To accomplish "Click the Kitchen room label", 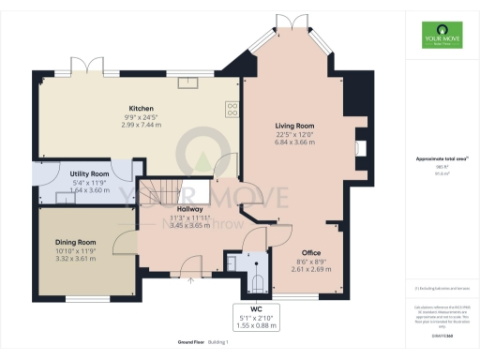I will [142, 108].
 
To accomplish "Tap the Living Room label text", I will [294, 126].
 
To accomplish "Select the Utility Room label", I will [89, 174].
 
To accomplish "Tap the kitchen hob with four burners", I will [232, 110].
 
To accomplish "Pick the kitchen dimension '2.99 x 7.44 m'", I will [142, 125].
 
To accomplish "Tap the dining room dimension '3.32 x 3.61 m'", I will [75, 258].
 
